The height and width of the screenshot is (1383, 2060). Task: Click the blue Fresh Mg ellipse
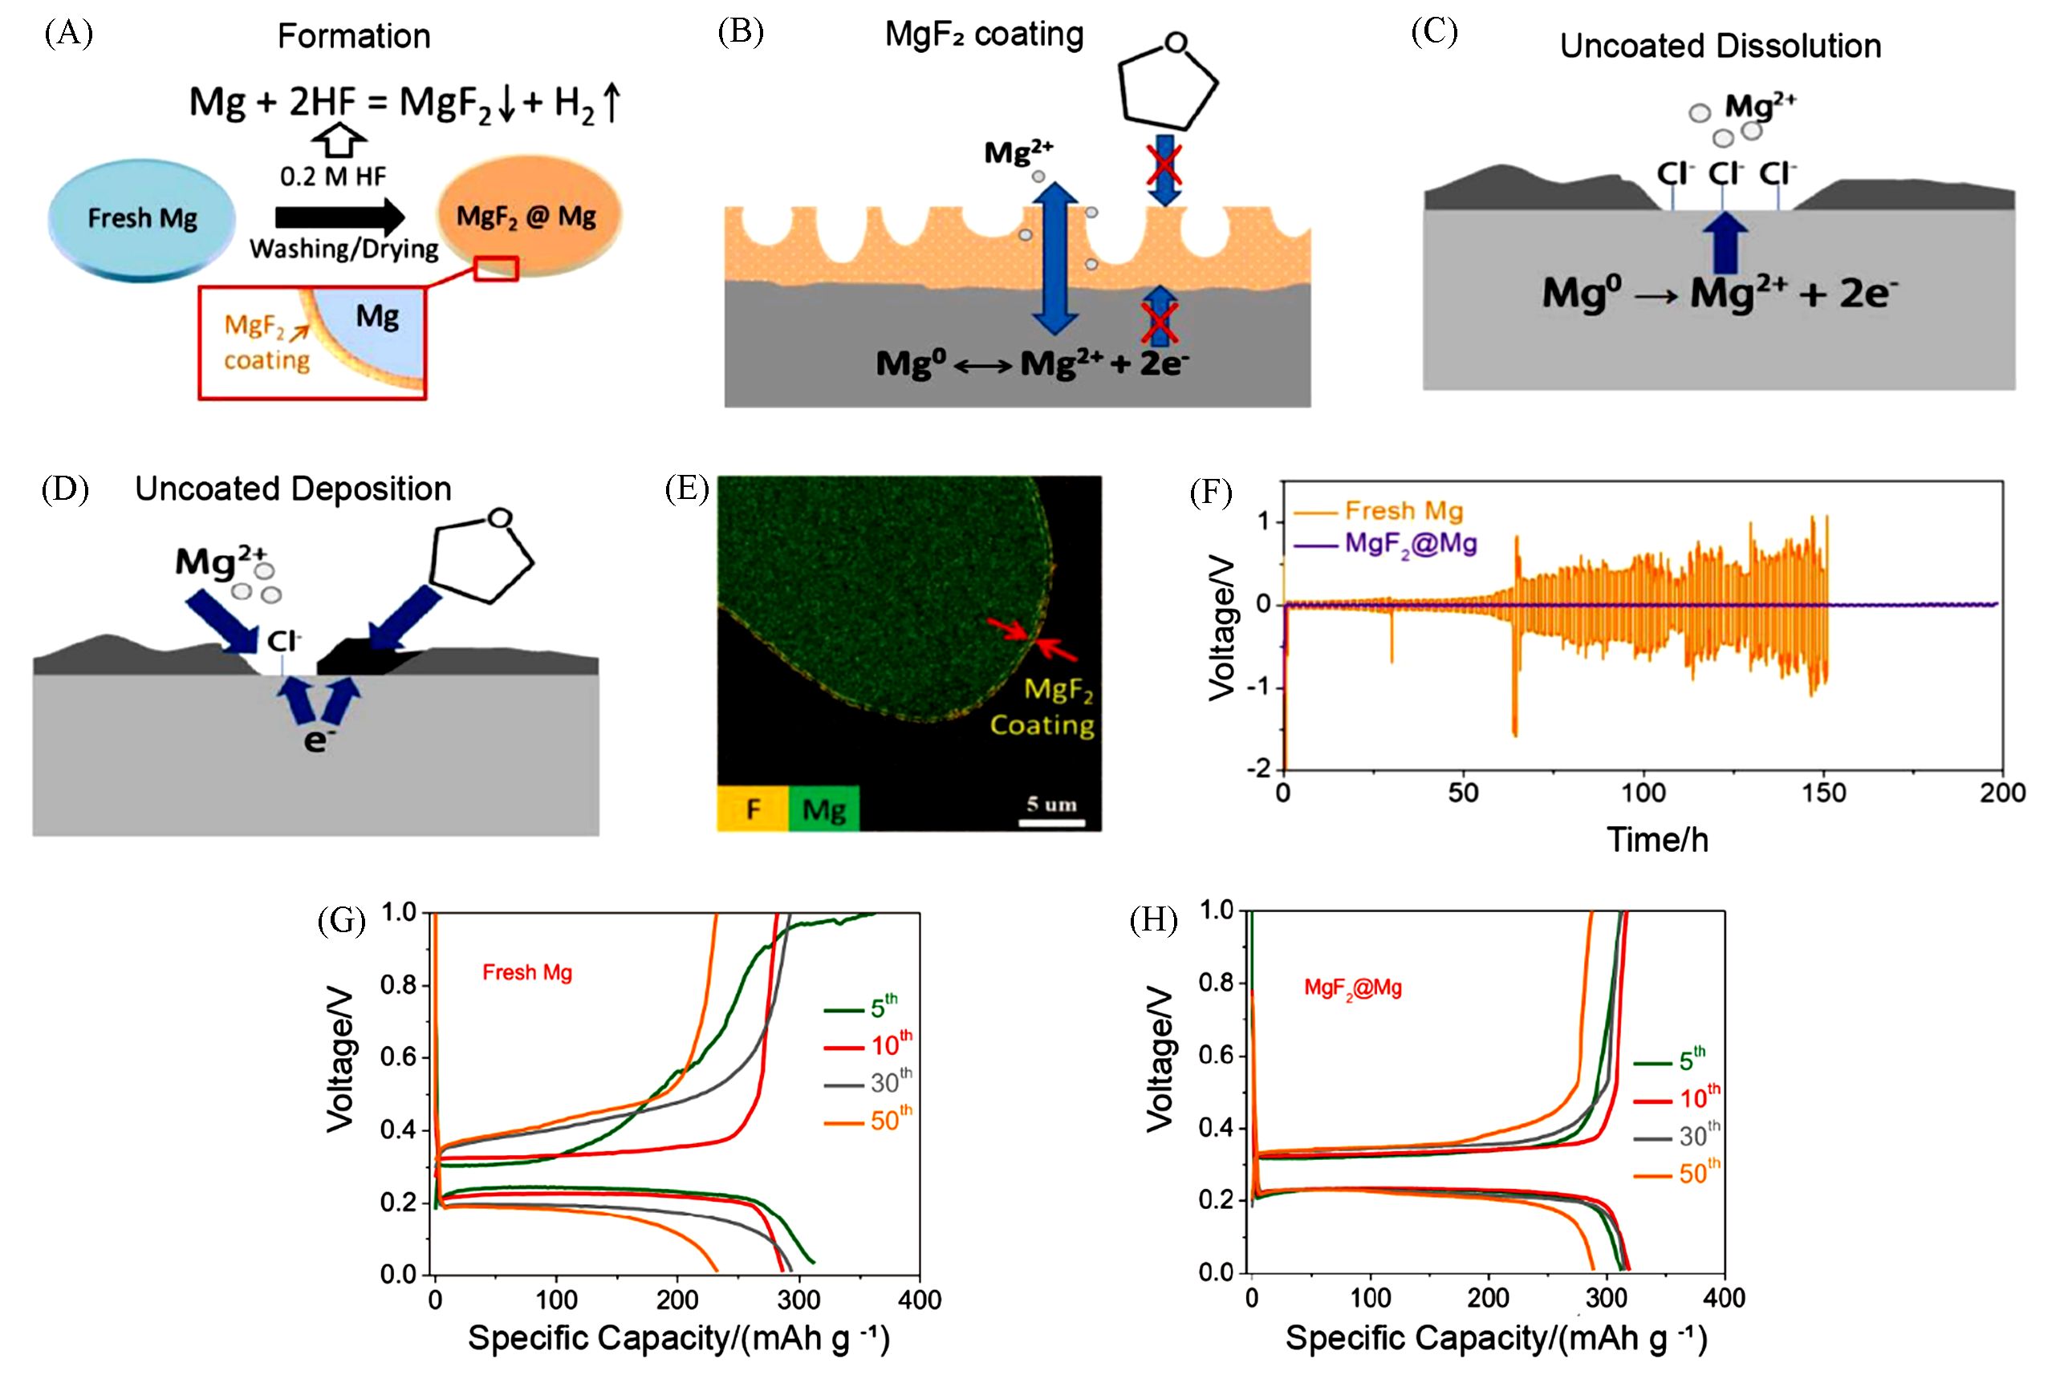coord(142,219)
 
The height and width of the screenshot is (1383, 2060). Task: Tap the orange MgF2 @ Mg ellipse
coord(527,216)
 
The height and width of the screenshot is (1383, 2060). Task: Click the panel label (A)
coord(69,34)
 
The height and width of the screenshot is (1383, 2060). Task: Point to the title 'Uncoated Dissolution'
coord(1720,46)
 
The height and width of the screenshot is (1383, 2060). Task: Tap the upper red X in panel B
coord(1164,165)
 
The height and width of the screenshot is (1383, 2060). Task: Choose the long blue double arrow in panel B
coord(1054,258)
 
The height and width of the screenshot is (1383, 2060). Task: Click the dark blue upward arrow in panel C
coord(1725,242)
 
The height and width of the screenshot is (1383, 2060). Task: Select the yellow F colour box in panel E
coord(753,808)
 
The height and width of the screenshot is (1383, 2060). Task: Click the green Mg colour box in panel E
coord(824,808)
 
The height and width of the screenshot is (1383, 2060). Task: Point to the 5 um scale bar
coord(1051,822)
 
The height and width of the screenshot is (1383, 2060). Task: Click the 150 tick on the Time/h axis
coord(1823,793)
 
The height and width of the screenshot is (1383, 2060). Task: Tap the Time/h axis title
coord(1657,840)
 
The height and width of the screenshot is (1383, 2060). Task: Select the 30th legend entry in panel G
coord(869,1082)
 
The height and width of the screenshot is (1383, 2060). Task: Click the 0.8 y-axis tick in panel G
coord(398,984)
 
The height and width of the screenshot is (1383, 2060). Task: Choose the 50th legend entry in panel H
coord(1677,1174)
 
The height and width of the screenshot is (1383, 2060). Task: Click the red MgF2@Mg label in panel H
coord(1352,988)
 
